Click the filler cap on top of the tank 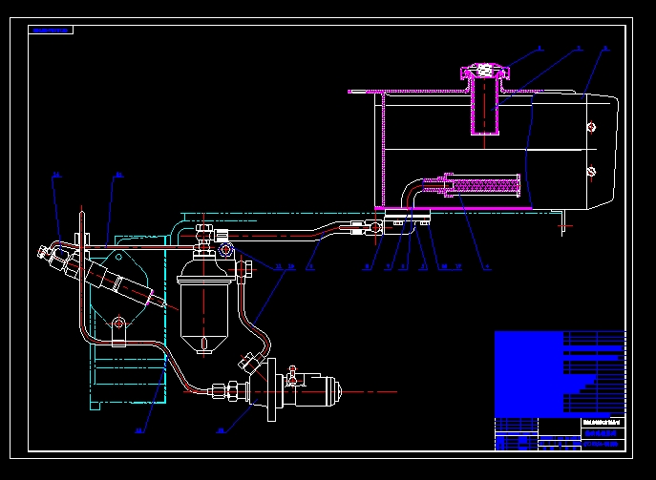pyautogui.click(x=485, y=71)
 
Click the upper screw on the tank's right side pyautogui.click(x=592, y=127)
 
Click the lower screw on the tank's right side pyautogui.click(x=592, y=172)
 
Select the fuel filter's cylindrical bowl pyautogui.click(x=205, y=305)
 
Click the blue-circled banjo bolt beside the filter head pyautogui.click(x=226, y=250)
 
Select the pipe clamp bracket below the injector pyautogui.click(x=118, y=328)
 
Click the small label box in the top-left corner pyautogui.click(x=52, y=30)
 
